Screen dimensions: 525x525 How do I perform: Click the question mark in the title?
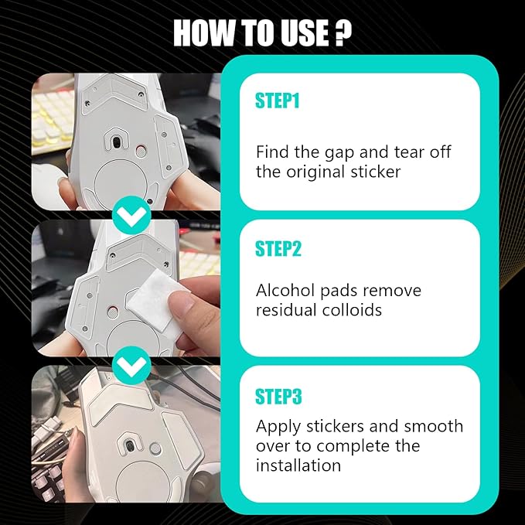click(x=343, y=32)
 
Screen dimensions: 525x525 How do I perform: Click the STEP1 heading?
click(x=277, y=101)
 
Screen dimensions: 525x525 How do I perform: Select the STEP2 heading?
click(x=278, y=248)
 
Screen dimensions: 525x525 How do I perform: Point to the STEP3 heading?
click(x=278, y=397)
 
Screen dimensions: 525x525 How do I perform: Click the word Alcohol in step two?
click(x=285, y=290)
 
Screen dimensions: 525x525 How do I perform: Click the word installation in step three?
click(x=298, y=465)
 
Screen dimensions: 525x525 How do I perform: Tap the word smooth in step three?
click(x=434, y=426)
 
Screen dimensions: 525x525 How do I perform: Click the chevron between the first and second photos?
click(x=131, y=215)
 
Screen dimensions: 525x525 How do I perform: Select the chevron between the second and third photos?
click(x=131, y=365)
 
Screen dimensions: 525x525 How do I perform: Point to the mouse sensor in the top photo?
click(x=116, y=142)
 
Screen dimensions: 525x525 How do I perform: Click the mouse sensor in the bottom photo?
click(x=130, y=446)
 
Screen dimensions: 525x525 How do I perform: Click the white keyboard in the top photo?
click(x=53, y=121)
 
